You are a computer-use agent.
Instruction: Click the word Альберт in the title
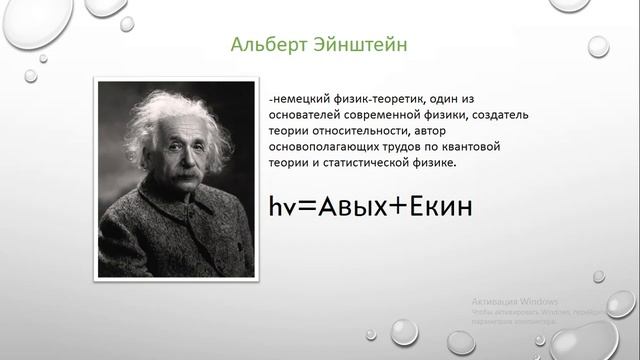pyautogui.click(x=262, y=45)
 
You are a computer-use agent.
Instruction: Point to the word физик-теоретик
pyautogui.click(x=388, y=101)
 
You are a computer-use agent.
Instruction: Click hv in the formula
pyautogui.click(x=282, y=207)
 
